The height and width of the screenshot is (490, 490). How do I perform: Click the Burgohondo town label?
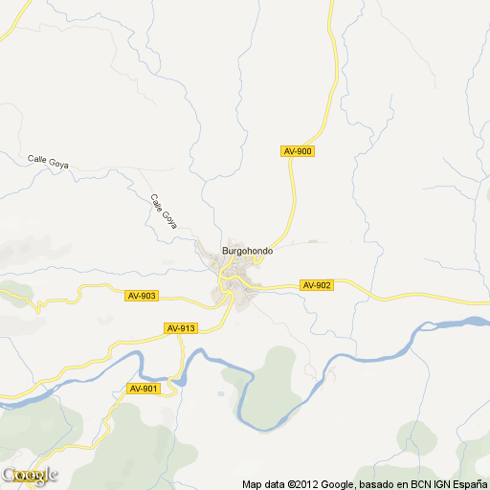tap(248, 251)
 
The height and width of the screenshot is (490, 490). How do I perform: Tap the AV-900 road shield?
tap(298, 151)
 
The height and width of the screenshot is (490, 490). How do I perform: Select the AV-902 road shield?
tap(316, 285)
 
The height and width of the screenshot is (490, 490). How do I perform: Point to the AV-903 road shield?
tap(142, 296)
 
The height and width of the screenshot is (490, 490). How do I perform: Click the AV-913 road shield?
tap(181, 328)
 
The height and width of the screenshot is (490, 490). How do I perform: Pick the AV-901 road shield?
tap(142, 388)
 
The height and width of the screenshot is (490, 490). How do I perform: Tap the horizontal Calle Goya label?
tap(48, 161)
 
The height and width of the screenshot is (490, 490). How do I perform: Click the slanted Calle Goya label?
tap(164, 212)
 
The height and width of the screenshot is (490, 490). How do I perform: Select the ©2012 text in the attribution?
tap(294, 483)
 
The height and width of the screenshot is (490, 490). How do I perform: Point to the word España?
tap(469, 483)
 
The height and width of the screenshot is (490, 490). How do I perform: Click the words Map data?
tap(261, 483)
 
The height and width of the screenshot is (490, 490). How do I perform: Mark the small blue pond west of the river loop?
tap(222, 393)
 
